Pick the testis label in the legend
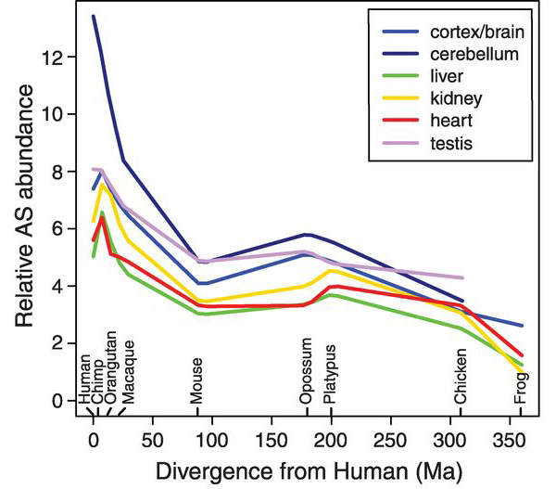point(446,144)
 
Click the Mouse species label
point(196,380)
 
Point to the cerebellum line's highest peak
point(94,16)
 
